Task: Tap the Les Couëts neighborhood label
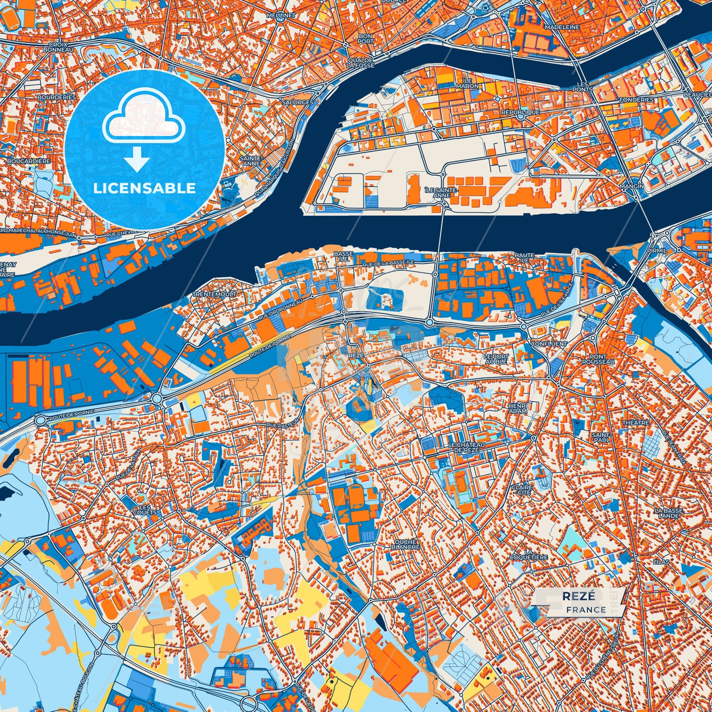144,509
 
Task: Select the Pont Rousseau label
598,359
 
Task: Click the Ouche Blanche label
406,544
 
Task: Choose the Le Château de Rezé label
466,447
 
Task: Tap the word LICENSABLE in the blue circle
144,188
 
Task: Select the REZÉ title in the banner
578,596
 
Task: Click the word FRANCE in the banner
586,610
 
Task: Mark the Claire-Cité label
521,489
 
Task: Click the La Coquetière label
529,554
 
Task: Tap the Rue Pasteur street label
282,424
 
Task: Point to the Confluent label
549,343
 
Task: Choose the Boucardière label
29,161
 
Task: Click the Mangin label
632,186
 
